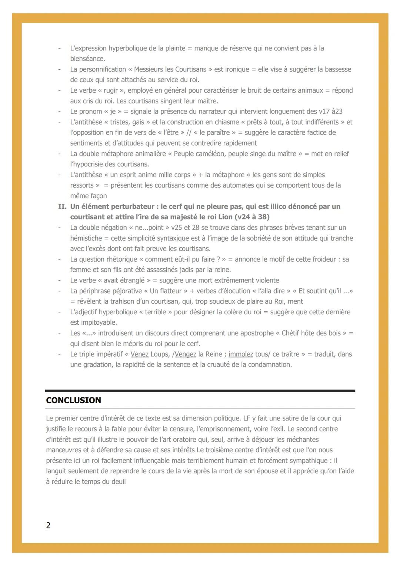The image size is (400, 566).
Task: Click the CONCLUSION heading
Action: tap(73, 400)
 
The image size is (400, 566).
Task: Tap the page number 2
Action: tap(48, 525)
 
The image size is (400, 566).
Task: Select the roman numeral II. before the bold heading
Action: tap(62, 206)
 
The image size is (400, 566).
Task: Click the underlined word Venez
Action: tap(139, 354)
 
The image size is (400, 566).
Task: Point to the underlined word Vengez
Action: tap(185, 354)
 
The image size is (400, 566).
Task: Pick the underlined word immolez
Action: tap(241, 354)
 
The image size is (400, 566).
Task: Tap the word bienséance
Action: tap(87, 59)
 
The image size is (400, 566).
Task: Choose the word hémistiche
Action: tap(87, 238)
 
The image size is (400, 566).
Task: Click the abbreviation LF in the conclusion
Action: tap(247, 418)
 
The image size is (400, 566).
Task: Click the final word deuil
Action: tap(118, 482)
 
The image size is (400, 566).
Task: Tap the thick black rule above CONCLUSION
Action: tap(200, 391)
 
